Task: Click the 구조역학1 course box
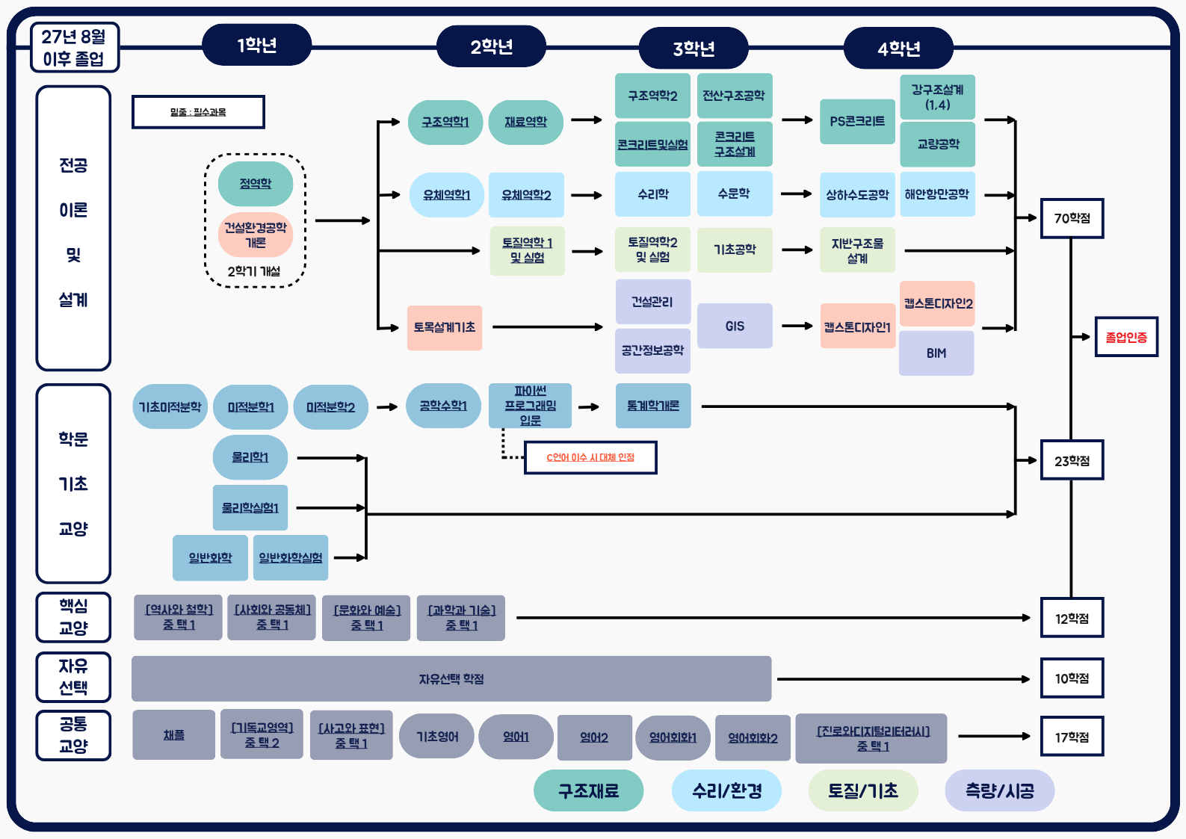click(445, 122)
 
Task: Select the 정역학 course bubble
click(256, 184)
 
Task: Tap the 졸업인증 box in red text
click(1126, 337)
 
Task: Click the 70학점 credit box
click(1072, 218)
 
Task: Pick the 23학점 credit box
click(1072, 461)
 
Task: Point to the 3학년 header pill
click(694, 49)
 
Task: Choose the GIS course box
click(735, 326)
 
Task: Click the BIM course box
click(936, 353)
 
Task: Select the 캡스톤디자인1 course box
click(857, 326)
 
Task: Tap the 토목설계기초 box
click(445, 327)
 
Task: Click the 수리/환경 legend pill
click(726, 790)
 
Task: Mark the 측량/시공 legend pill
click(999, 790)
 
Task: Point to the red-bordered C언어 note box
click(590, 457)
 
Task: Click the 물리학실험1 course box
click(250, 508)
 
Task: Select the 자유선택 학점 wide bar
click(451, 678)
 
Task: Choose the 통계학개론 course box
click(653, 406)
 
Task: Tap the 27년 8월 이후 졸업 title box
click(74, 47)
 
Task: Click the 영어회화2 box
click(753, 737)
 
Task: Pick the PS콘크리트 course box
click(857, 121)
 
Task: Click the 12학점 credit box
click(1072, 618)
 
